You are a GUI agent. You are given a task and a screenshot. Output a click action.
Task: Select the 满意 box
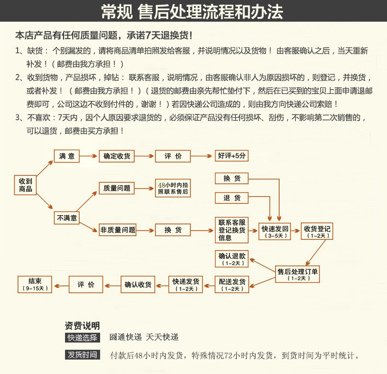click(67, 156)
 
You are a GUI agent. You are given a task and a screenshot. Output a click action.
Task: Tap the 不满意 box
click(67, 218)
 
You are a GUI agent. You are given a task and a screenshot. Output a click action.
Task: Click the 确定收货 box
click(117, 156)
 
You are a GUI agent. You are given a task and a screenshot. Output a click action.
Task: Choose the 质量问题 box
click(117, 188)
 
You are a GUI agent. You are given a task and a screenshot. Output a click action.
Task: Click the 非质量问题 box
click(118, 230)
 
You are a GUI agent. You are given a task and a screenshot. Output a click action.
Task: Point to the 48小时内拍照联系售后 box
click(173, 188)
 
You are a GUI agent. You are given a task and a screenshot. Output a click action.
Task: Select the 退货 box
click(232, 198)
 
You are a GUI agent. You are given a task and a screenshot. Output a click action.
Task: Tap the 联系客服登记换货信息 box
click(232, 230)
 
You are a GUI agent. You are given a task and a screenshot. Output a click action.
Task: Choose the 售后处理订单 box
click(298, 274)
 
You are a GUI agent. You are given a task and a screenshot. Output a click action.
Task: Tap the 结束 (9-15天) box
click(35, 284)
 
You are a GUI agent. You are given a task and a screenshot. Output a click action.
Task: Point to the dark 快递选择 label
click(82, 338)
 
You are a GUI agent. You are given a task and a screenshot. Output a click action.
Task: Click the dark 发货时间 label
click(82, 355)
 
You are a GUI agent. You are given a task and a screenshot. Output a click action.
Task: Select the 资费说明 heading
click(82, 326)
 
